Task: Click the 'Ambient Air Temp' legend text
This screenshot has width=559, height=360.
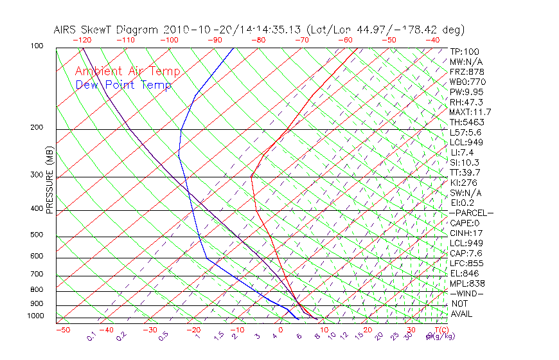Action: click(127, 71)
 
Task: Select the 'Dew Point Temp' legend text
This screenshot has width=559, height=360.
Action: click(123, 85)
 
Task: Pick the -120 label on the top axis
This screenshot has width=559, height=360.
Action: click(82, 39)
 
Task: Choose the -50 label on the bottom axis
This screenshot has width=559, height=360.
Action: click(62, 330)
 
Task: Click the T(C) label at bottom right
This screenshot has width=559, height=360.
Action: click(440, 330)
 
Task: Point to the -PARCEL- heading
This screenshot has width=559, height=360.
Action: click(471, 213)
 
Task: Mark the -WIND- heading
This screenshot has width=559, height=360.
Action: click(466, 293)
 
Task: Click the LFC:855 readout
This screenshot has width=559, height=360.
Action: click(466, 263)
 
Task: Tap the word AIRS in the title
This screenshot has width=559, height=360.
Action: click(66, 30)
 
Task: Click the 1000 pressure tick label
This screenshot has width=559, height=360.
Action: click(37, 316)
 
